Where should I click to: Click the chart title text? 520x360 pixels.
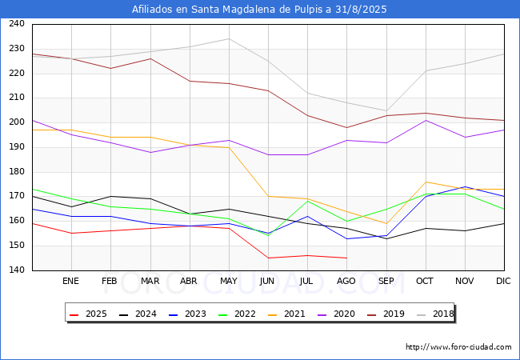pyautogui.click(x=260, y=10)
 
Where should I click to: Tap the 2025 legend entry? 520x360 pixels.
pyautogui.click(x=88, y=314)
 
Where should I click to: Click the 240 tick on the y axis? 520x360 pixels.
pyautogui.click(x=17, y=24)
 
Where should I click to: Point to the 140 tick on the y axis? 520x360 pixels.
pyautogui.click(x=17, y=270)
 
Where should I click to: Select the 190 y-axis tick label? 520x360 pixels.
pyautogui.click(x=17, y=147)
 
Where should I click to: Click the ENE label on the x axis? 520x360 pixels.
pyautogui.click(x=71, y=282)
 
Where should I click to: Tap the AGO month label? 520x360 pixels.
pyautogui.click(x=346, y=282)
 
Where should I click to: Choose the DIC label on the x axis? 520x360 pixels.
pyautogui.click(x=503, y=282)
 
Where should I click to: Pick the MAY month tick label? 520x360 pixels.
pyautogui.click(x=229, y=282)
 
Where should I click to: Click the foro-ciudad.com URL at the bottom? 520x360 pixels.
pyautogui.click(x=458, y=347)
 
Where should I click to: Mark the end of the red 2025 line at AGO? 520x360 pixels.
pyautogui.click(x=346, y=258)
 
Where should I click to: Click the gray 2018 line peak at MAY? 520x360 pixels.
pyautogui.click(x=229, y=38)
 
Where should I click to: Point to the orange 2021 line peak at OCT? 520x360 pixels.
pyautogui.click(x=426, y=182)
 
